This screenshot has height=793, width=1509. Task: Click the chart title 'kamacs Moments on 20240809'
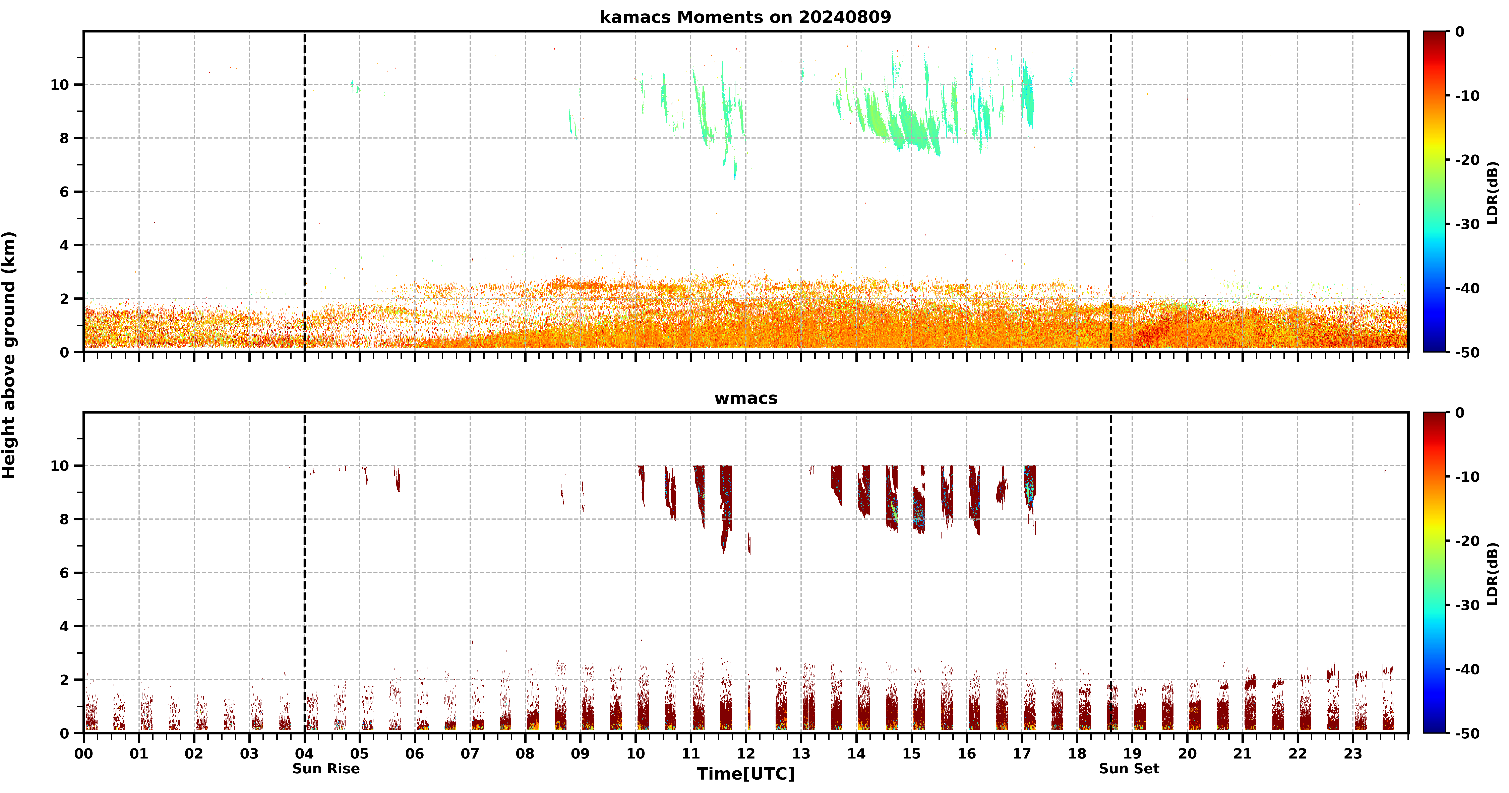[x=745, y=17]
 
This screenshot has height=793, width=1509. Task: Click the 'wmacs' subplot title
[x=746, y=398]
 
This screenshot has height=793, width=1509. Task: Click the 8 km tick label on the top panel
[x=64, y=138]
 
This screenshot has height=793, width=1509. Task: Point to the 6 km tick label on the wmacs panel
[x=64, y=573]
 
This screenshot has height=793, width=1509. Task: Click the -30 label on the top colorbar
[x=1467, y=224]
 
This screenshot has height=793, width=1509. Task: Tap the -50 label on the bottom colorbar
[x=1467, y=733]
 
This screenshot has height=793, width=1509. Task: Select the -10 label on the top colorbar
[x=1467, y=95]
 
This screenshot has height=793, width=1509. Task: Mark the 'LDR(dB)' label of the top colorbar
[x=1493, y=193]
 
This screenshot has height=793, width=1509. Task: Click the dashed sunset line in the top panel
[x=1111, y=192]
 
